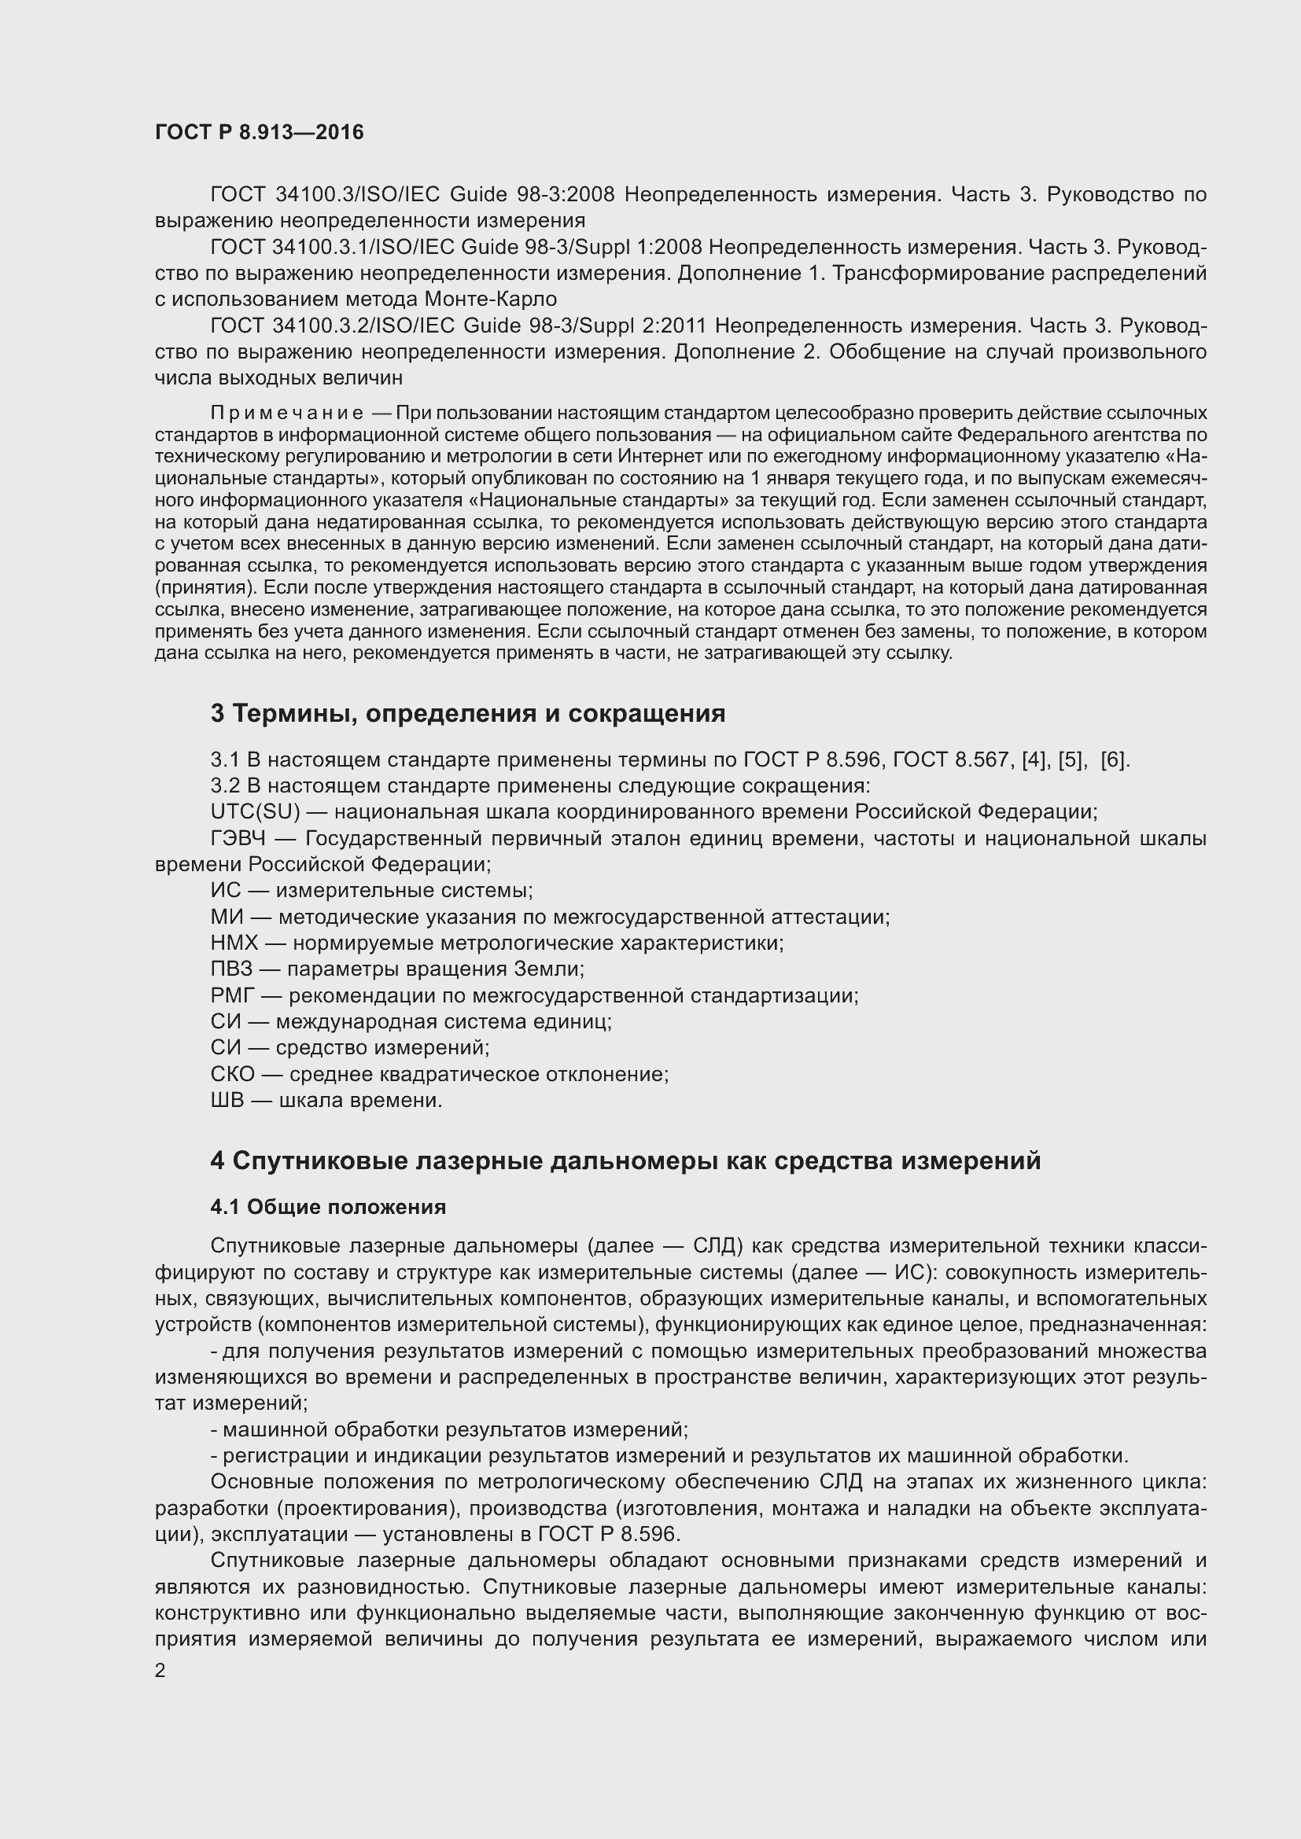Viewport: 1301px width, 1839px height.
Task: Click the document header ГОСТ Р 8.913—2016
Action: coord(259,133)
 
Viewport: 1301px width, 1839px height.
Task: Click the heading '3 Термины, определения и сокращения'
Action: coord(468,713)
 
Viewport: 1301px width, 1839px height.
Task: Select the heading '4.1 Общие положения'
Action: coord(328,1206)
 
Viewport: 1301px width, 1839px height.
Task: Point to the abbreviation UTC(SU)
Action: coord(255,811)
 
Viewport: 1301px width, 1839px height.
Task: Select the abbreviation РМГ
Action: coord(232,995)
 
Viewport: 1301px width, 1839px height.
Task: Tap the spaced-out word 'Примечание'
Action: coord(286,414)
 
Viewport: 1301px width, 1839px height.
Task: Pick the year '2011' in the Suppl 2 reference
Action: coord(680,326)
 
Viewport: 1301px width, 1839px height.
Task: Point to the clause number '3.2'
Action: coord(224,785)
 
